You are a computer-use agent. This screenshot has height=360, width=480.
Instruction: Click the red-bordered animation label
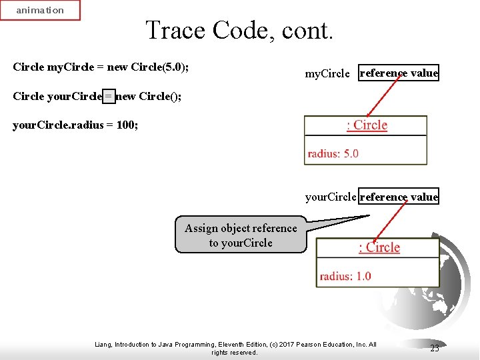coord(40,10)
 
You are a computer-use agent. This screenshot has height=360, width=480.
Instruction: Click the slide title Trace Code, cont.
coord(239,30)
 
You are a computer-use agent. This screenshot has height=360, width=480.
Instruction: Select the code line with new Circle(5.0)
coord(105,67)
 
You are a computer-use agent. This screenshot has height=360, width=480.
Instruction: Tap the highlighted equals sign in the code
coord(108,97)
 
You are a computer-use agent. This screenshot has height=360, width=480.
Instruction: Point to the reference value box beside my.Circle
coord(399,73)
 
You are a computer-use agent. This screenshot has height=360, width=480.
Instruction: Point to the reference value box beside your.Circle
coord(399,197)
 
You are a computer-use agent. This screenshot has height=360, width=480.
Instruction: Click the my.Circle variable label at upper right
coord(327,74)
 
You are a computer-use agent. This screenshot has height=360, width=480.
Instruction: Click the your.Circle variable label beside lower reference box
coord(331,197)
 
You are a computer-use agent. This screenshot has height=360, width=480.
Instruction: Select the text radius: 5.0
coord(333,153)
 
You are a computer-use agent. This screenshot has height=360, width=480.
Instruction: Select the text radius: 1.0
coord(345,276)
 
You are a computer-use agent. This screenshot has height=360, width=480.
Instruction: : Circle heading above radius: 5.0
coord(367,125)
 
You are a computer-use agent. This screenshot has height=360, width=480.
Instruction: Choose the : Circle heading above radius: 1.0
coord(379,247)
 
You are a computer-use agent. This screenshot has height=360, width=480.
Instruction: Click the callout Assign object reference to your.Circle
coord(241,235)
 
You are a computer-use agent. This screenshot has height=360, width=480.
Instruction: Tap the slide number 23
coord(434,348)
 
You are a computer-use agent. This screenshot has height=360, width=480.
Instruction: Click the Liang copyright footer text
coord(235,348)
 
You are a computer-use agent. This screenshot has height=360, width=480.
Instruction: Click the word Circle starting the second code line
coord(28,97)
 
